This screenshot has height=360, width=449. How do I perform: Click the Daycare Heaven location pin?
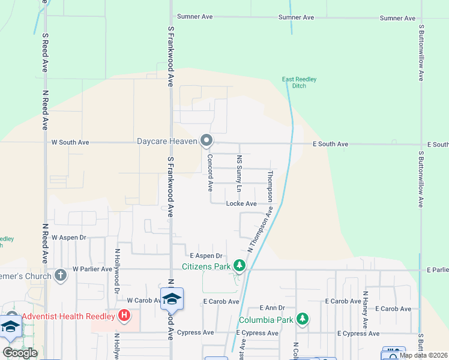pos(207,140)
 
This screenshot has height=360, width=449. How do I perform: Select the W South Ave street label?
pos(70,142)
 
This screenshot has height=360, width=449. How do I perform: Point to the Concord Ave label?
pos(210,173)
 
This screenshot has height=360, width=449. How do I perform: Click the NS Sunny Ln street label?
pos(240,174)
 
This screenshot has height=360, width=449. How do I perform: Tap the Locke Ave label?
pos(241,203)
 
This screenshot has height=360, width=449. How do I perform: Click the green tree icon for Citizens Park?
pos(240,265)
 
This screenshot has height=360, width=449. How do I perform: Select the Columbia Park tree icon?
pos(303,319)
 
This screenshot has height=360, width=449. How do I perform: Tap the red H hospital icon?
pos(124,314)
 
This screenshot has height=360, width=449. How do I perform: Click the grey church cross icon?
pos(60,275)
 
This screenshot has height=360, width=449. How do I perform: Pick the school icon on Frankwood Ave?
pos(172,299)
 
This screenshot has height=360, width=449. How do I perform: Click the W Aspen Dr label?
pos(69,238)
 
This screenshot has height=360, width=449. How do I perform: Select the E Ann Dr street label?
pos(273,308)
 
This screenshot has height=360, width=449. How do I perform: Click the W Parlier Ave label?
pos(92,269)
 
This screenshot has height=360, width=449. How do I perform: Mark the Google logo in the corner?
pos(20,353)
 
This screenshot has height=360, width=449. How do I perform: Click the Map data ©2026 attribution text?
pos(423,355)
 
